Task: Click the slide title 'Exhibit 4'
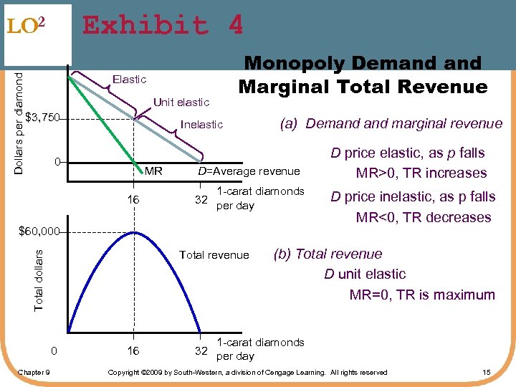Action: [x=163, y=26]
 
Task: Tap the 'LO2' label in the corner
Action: [x=27, y=26]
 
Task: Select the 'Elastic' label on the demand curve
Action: [x=130, y=80]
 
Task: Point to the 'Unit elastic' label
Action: [x=181, y=102]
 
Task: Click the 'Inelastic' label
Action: [x=202, y=125]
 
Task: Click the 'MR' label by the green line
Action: [x=154, y=171]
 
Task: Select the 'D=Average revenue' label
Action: [x=249, y=171]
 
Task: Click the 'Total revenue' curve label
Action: [x=214, y=255]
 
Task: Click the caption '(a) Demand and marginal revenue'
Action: [x=390, y=123]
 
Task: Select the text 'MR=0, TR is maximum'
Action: [x=422, y=295]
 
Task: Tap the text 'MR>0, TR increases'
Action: [x=421, y=173]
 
